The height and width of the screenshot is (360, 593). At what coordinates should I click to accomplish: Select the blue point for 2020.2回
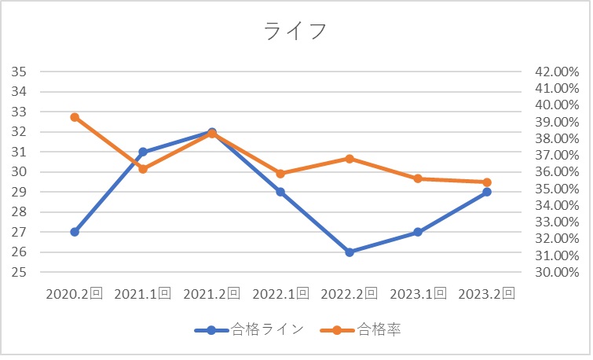pyautogui.click(x=75, y=232)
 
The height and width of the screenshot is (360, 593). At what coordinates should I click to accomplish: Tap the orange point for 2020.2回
pyautogui.click(x=75, y=117)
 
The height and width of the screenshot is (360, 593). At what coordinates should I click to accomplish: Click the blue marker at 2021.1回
pyautogui.click(x=143, y=152)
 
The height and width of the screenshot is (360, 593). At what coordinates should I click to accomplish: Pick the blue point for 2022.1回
pyautogui.click(x=280, y=192)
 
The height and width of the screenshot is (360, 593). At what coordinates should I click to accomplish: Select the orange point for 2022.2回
pyautogui.click(x=350, y=159)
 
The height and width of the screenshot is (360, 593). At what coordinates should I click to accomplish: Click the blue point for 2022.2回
pyautogui.click(x=350, y=252)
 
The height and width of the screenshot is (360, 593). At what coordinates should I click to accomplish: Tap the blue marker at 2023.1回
pyautogui.click(x=418, y=232)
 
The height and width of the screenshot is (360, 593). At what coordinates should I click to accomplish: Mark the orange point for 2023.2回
pyautogui.click(x=487, y=182)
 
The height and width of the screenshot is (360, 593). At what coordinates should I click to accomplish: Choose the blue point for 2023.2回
pyautogui.click(x=487, y=192)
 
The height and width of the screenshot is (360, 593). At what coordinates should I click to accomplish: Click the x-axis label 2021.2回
pyautogui.click(x=212, y=294)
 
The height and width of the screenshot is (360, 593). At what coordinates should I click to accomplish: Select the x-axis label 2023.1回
pyautogui.click(x=418, y=294)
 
